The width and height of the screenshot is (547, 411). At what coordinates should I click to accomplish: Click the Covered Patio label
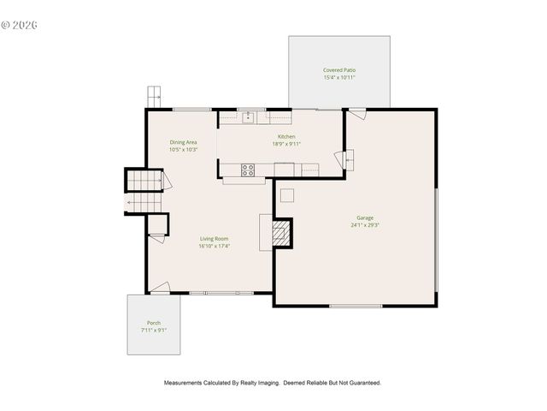339,70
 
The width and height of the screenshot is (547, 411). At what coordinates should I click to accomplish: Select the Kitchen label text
286,137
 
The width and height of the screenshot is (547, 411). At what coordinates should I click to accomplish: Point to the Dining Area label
184,142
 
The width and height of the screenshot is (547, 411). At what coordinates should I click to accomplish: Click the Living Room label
215,239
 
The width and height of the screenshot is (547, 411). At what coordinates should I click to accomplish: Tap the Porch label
154,323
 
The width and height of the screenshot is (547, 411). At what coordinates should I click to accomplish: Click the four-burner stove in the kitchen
248,170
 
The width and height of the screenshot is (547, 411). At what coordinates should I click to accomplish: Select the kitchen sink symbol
248,117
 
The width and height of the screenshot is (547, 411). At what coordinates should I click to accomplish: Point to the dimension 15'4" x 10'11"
339,78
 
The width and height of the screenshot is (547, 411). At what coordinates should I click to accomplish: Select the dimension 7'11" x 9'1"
154,330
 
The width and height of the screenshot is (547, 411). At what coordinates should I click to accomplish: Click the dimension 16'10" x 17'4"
215,246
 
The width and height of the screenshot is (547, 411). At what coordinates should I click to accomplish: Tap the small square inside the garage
287,195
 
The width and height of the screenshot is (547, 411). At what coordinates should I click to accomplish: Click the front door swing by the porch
161,289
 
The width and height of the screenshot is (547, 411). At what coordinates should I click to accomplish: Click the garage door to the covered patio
357,113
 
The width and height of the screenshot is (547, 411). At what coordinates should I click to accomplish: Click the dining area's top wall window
191,109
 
